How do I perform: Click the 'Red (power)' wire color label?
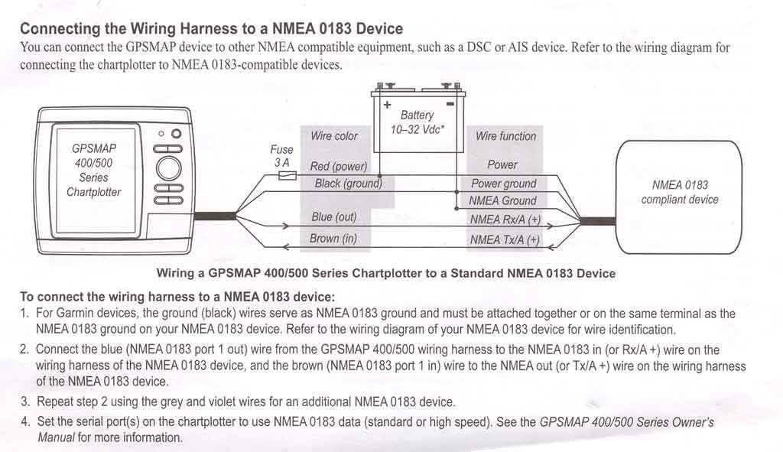339,166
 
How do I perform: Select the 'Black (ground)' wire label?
348,184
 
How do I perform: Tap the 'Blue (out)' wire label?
334,217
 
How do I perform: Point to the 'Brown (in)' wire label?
333,239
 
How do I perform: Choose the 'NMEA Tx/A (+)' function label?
505,240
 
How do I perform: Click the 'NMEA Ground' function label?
502,201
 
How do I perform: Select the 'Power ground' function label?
503,184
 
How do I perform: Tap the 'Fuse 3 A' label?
281,157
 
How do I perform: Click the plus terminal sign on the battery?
388,104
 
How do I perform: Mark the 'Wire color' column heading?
334,136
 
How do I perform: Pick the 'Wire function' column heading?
505,136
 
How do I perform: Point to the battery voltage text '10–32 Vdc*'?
418,129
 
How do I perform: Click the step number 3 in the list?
25,402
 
